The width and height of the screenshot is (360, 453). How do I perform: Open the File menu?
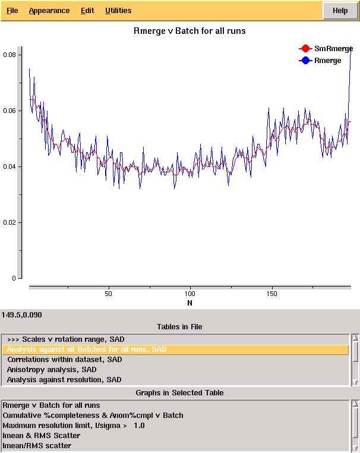(12, 11)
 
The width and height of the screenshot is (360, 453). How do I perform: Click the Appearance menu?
(49, 11)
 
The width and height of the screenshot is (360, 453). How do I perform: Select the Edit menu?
(87, 11)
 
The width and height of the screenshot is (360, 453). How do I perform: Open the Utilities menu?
(118, 11)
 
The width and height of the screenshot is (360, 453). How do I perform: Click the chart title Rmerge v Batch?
(190, 30)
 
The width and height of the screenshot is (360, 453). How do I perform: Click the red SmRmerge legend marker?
(305, 48)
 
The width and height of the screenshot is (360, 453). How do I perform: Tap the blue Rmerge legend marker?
(305, 60)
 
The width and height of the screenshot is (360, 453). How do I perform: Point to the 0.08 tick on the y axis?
(10, 55)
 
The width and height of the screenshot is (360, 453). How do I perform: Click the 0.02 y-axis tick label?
(10, 222)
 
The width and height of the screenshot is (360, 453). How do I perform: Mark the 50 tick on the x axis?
(108, 294)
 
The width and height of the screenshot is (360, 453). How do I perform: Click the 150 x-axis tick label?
(272, 294)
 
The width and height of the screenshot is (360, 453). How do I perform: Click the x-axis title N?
(190, 303)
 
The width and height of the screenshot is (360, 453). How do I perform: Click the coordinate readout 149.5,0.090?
(22, 314)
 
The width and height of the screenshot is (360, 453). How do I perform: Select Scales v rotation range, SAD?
(65, 339)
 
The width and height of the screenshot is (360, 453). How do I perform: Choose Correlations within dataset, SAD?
(64, 360)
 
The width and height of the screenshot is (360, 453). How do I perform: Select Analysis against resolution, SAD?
(64, 380)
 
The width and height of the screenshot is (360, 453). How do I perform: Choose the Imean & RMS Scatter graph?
(41, 436)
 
